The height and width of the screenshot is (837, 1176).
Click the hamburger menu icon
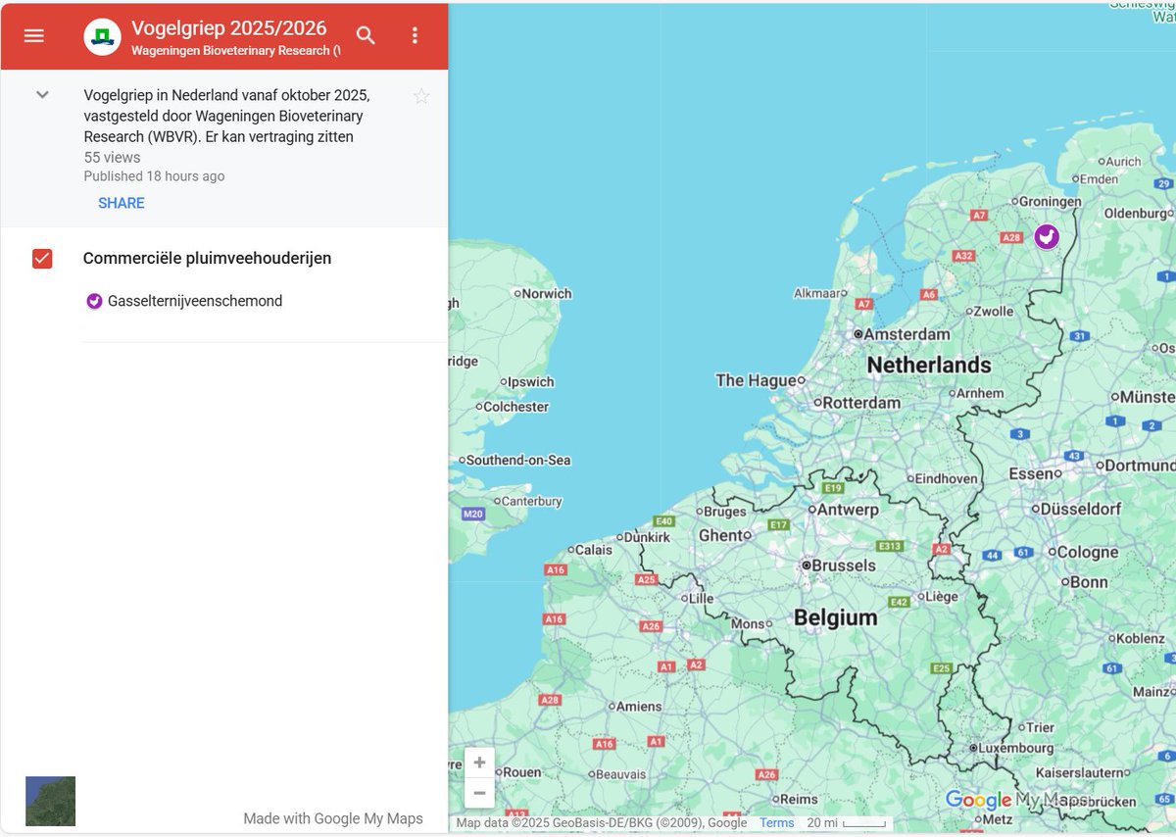click(34, 35)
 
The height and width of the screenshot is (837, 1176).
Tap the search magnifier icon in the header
click(366, 35)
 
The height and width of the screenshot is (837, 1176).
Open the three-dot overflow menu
click(415, 35)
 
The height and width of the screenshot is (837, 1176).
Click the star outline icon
click(421, 96)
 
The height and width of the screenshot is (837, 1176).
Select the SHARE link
click(122, 203)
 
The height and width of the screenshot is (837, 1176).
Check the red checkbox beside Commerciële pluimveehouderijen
click(42, 259)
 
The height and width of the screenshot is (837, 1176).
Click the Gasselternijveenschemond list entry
click(194, 301)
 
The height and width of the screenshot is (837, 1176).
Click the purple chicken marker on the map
click(1047, 236)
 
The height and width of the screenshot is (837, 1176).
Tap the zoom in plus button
click(479, 763)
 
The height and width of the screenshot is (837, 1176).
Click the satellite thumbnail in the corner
click(50, 801)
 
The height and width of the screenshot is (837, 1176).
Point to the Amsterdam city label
click(906, 334)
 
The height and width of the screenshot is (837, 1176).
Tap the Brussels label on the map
click(843, 566)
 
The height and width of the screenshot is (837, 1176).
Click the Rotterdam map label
click(860, 403)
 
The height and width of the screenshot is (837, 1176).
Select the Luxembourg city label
click(1012, 748)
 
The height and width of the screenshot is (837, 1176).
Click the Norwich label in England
click(546, 294)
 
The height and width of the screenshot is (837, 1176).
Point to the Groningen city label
click(1050, 202)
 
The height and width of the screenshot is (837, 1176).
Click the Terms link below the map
click(777, 823)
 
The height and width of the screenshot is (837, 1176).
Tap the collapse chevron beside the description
click(42, 95)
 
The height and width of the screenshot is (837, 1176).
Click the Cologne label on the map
click(1087, 552)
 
